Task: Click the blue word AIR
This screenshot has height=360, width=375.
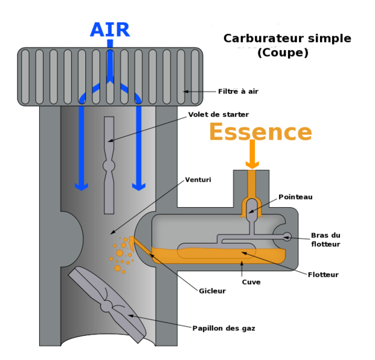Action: [109, 30]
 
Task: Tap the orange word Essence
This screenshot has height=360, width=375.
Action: [260, 132]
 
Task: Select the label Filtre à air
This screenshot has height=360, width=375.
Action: [238, 91]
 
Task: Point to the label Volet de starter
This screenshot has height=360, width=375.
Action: [218, 114]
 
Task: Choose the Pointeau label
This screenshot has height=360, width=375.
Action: [295, 197]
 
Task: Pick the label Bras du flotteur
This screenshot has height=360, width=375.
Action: [325, 239]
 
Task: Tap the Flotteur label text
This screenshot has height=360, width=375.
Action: [323, 274]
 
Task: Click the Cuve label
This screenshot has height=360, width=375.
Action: [251, 281]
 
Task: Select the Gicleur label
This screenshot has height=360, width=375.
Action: [212, 291]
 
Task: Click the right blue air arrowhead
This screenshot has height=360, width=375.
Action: [139, 185]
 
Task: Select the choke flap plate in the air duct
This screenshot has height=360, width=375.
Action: [109, 165]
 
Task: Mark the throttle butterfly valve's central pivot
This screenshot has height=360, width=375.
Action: [107, 307]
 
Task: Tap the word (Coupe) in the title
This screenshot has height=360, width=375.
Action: [283, 53]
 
